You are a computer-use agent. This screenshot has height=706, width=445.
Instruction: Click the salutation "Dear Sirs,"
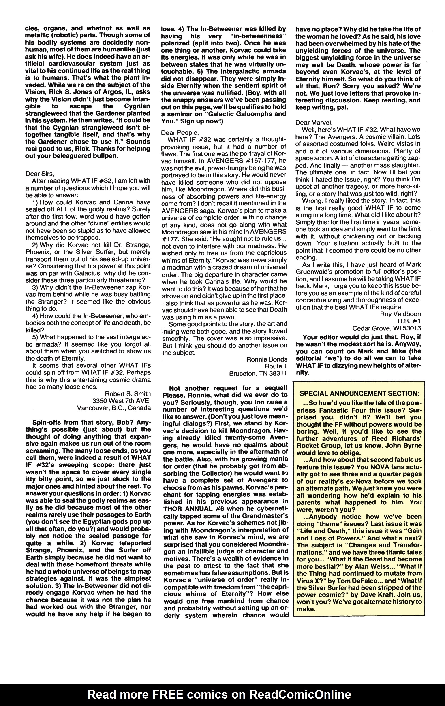pos(40,174)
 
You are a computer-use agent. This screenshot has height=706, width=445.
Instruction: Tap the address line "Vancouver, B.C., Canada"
pos(114,408)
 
